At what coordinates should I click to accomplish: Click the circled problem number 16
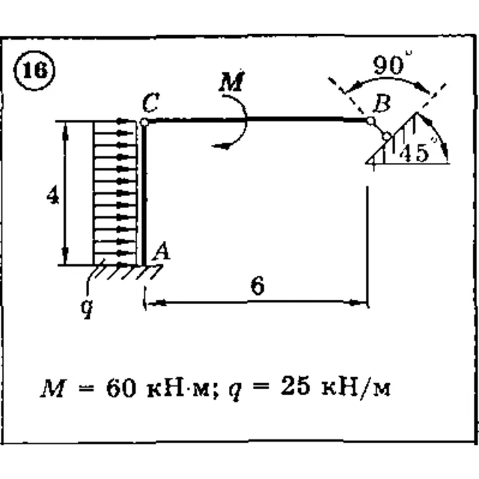click(x=34, y=70)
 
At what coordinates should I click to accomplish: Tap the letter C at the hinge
click(x=151, y=103)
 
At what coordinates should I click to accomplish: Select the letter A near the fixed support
click(x=162, y=251)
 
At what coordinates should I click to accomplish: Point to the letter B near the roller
click(x=382, y=103)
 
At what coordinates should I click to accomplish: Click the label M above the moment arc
click(x=232, y=82)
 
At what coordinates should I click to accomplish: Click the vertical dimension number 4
click(x=53, y=195)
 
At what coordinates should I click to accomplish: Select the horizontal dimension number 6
click(x=257, y=286)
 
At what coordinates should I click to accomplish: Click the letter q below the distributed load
click(x=87, y=308)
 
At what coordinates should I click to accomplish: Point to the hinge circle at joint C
click(x=144, y=123)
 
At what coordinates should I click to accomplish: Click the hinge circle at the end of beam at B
click(x=370, y=121)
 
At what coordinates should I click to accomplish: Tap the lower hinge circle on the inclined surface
click(x=386, y=136)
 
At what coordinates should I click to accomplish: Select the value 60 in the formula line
click(x=120, y=388)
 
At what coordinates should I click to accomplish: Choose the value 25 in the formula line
click(x=296, y=385)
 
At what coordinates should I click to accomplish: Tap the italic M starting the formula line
click(x=53, y=388)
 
